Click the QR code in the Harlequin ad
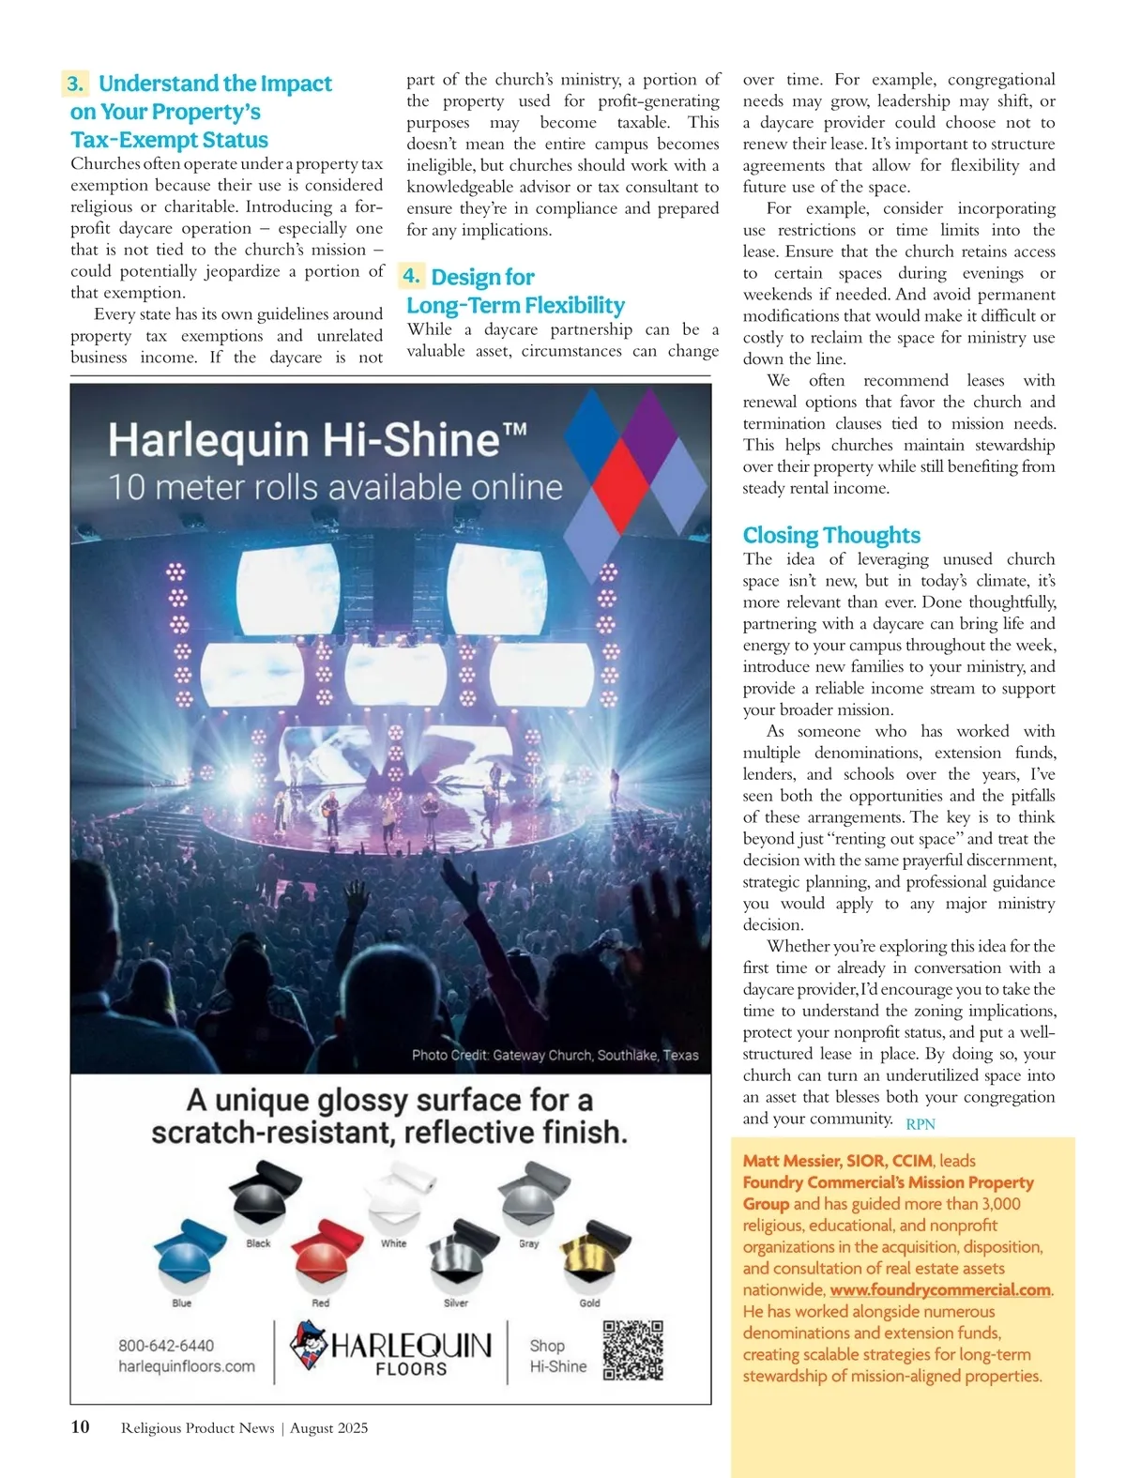coord(632,1350)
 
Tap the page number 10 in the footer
coord(81,1426)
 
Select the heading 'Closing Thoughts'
coord(831,535)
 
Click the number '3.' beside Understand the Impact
coord(76,84)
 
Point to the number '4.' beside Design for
coord(411,276)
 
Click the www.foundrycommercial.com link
coord(939,1289)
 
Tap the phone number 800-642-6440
coord(166,1345)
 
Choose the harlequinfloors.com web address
coord(187,1366)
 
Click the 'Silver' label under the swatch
coord(456,1303)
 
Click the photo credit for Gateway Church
coord(555,1055)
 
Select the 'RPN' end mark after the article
coord(921,1123)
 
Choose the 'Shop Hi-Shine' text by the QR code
coord(557,1356)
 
